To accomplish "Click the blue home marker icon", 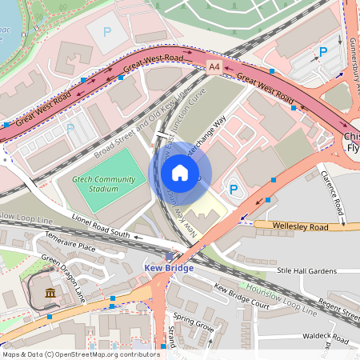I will coord(180,173).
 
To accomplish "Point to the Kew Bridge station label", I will coord(168,268).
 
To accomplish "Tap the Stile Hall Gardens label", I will coord(306,272).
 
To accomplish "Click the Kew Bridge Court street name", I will coord(241,295).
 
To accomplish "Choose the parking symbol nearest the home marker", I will coord(234,190).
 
